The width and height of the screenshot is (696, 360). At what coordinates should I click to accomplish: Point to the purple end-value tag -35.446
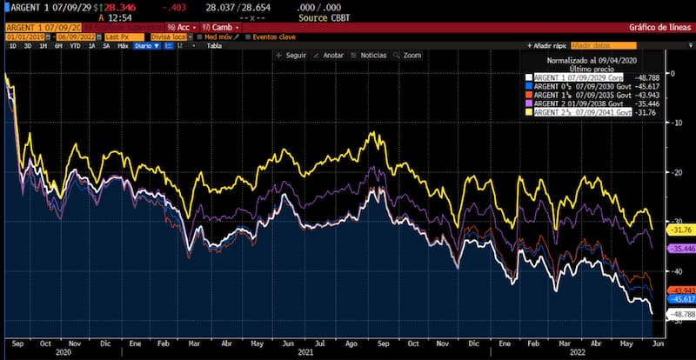pos(679,249)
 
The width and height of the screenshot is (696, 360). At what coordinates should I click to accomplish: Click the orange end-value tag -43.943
pos(679,290)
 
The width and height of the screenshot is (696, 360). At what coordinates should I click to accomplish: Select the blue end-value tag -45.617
pos(679,299)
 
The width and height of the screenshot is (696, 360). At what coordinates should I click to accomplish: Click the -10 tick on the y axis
pos(673,123)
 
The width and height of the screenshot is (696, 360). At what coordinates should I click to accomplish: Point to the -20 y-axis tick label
pos(673,172)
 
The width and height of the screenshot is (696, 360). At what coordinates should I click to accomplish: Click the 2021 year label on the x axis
pos(304,352)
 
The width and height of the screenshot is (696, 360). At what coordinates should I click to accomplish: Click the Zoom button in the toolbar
pos(411,55)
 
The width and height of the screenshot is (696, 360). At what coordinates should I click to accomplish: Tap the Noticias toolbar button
pos(372,55)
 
